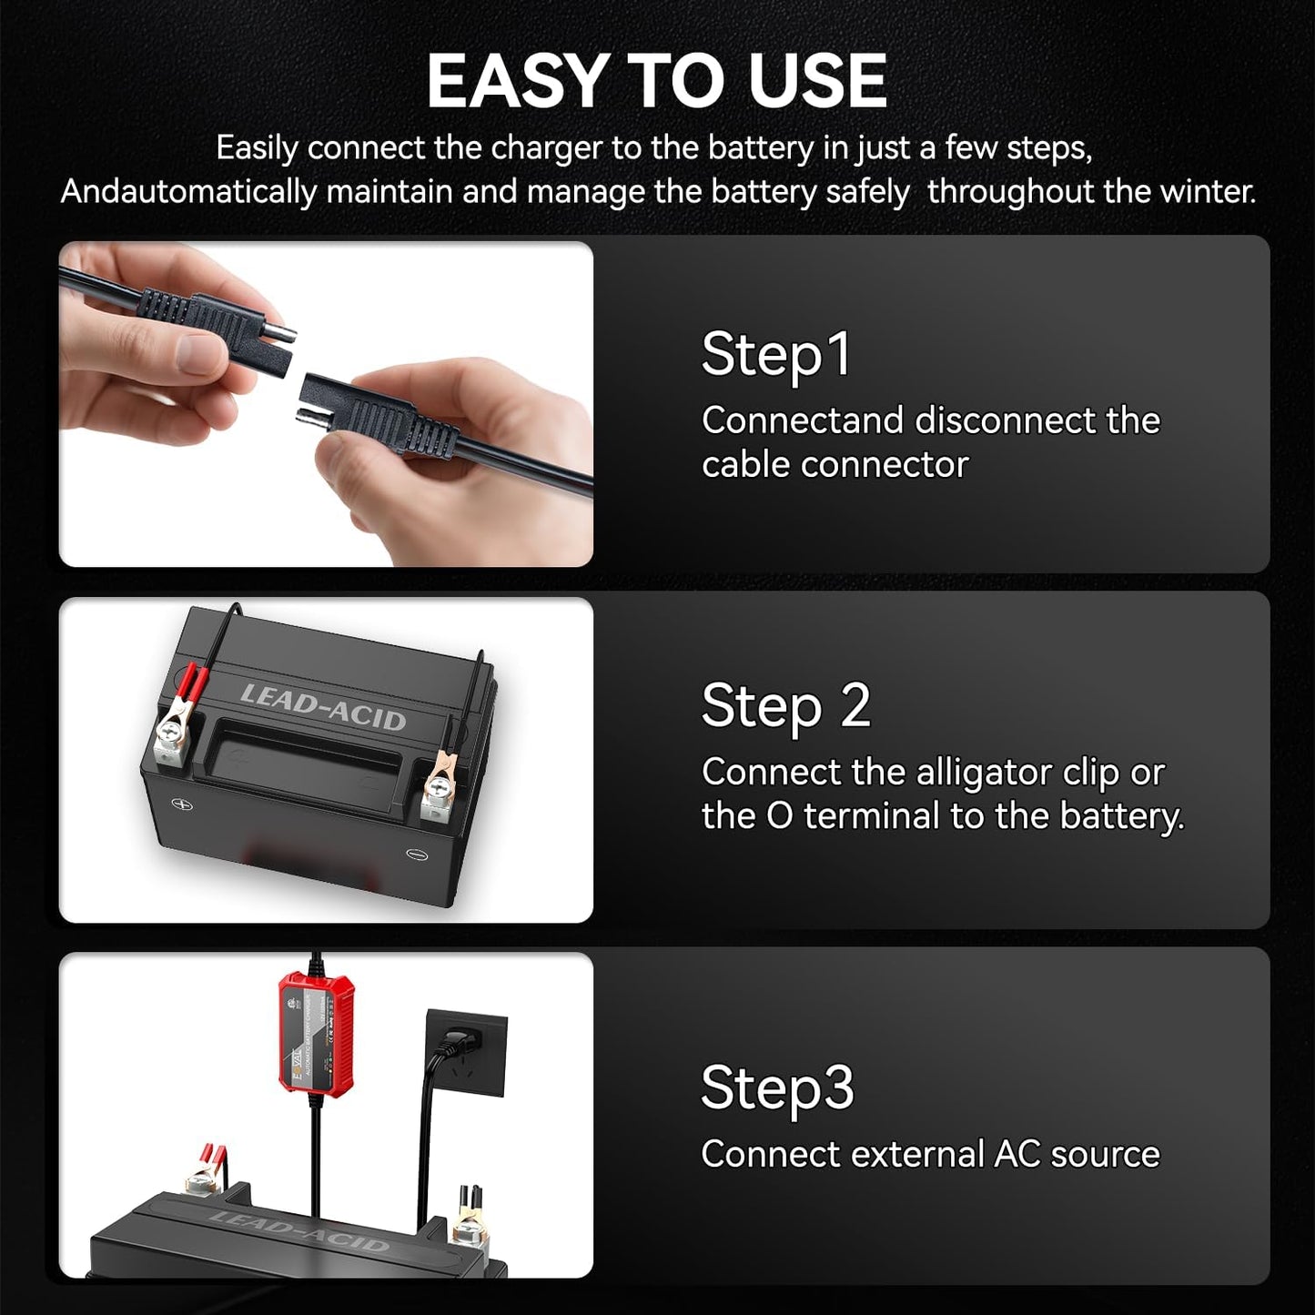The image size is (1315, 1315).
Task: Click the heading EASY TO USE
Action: (x=656, y=81)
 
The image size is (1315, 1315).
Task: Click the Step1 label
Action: (x=776, y=354)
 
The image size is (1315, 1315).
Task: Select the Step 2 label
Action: (x=785, y=706)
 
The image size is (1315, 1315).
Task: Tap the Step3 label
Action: (x=777, y=1087)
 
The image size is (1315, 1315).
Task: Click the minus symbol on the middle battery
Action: (x=417, y=854)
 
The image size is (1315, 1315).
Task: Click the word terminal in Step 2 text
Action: (x=872, y=816)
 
